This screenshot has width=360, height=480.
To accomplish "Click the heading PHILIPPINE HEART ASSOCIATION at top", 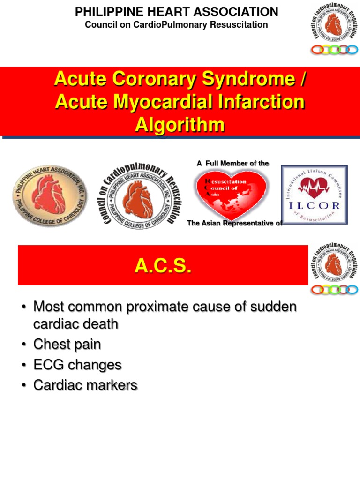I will (x=176, y=12).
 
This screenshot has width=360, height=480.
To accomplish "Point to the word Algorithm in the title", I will (x=180, y=125).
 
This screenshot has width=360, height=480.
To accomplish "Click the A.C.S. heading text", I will (x=163, y=266).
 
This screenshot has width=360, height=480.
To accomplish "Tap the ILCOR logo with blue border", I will (x=314, y=195).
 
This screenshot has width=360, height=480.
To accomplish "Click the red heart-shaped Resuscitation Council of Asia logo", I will (x=231, y=193).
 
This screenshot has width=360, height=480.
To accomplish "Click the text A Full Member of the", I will (x=233, y=163).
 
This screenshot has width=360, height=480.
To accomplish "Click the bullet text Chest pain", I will (x=67, y=345).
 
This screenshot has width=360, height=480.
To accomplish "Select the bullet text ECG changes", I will (x=77, y=365).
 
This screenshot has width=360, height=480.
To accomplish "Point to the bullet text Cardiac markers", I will (x=85, y=385).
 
